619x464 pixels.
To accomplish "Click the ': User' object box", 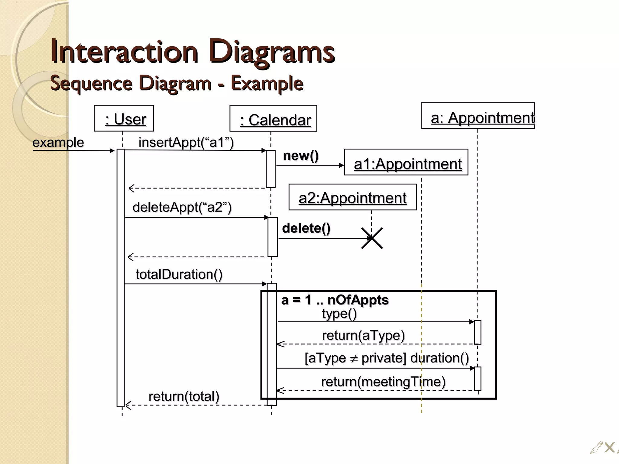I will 124,118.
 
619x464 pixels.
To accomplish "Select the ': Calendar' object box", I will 273,118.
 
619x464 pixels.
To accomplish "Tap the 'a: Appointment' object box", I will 478,116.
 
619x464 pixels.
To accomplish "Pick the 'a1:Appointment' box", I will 406,162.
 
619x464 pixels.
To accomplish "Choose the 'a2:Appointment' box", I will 352,197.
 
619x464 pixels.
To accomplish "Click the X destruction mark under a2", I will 372,238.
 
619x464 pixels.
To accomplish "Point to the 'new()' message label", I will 301,156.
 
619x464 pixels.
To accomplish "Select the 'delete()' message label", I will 306,228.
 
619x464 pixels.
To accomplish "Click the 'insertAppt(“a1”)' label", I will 186,142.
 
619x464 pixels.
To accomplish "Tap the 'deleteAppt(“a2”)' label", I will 182,207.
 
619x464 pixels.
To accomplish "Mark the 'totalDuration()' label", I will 179,274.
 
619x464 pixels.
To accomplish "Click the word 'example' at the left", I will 58,142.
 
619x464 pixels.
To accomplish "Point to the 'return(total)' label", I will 184,396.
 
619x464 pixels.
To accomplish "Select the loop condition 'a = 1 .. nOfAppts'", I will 335,300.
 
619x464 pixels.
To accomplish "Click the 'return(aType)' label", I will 363,335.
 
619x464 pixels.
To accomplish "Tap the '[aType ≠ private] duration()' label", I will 387,358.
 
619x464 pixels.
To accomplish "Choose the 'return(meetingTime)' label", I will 383,382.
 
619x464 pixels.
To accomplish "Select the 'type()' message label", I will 339,314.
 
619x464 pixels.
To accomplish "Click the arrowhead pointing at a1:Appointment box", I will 342,165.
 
